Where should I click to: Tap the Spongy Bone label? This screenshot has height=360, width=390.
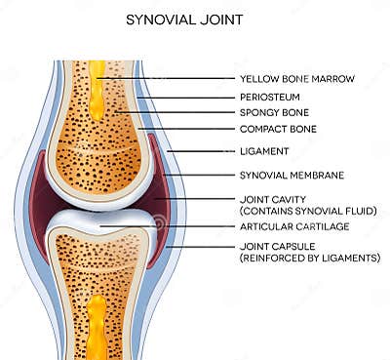click(272, 113)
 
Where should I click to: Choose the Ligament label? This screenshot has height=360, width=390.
click(263, 151)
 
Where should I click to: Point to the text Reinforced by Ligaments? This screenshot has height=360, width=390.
click(309, 259)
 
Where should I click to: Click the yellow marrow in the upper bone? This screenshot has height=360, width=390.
click(97, 93)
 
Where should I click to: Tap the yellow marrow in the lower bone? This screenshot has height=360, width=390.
click(96, 322)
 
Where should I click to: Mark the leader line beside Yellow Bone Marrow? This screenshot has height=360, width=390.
click(166, 77)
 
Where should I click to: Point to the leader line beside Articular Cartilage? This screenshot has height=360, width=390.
click(166, 227)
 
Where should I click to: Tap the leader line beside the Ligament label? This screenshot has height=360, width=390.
click(200, 151)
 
